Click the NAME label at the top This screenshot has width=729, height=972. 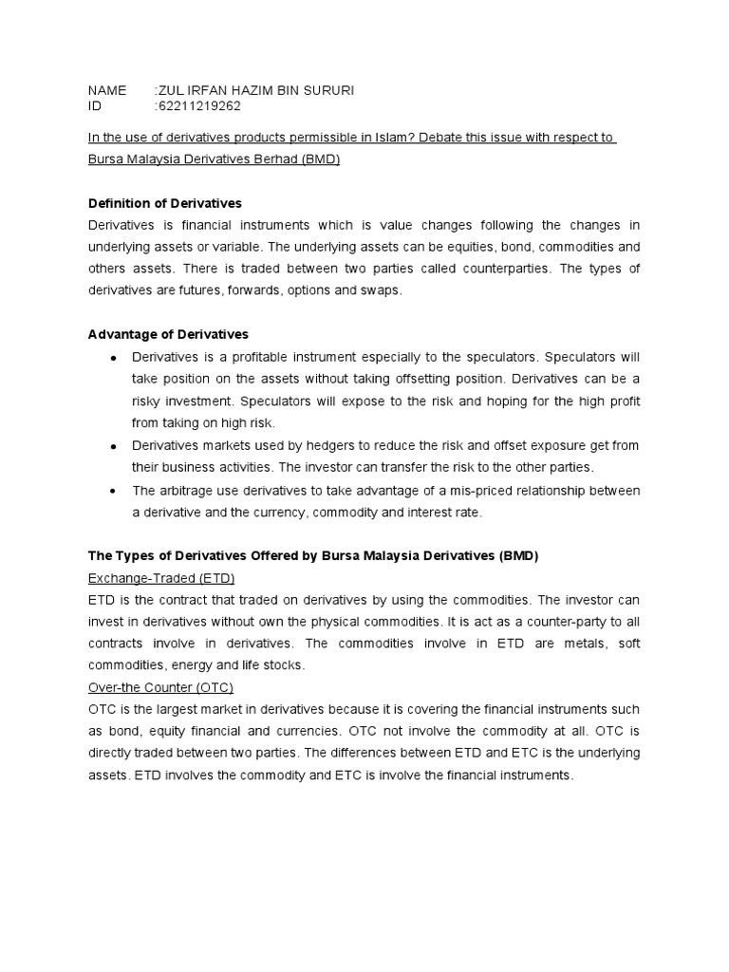pos(106,90)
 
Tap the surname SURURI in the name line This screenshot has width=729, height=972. pos(329,90)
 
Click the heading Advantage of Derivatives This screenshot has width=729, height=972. pos(168,334)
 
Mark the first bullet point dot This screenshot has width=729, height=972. pos(113,358)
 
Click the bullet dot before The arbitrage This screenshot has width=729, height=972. pos(113,492)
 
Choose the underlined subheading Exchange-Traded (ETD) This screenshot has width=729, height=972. pos(160,577)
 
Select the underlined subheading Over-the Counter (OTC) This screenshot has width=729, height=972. pos(159,687)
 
